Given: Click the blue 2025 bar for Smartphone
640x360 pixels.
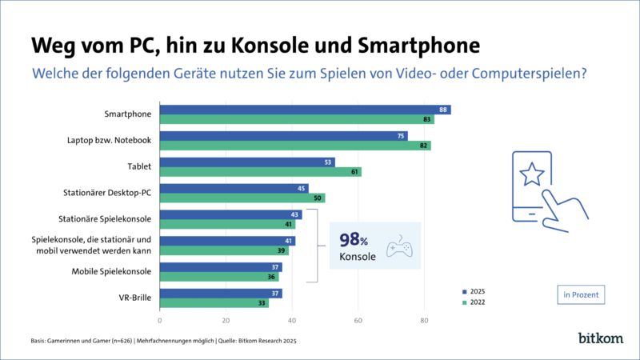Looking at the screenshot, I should (304, 110).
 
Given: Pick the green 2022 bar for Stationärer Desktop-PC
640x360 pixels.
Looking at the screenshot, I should (242, 198).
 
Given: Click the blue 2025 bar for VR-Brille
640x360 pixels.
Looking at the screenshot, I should (220, 294).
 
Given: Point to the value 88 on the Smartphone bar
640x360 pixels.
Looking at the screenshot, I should (444, 110).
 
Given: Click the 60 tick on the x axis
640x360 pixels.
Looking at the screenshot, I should (358, 321).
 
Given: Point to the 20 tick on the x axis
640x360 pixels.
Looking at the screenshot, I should (226, 321).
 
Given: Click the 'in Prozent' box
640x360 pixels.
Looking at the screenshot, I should (579, 294).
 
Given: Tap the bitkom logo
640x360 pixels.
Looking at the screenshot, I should (599, 338).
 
